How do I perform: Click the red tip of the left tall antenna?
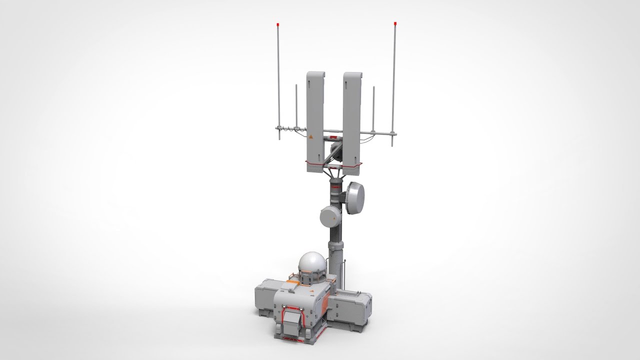tap(278, 24)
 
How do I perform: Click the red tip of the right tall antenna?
tap(395, 23)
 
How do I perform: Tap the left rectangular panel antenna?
tap(315, 120)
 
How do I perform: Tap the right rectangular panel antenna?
tap(352, 120)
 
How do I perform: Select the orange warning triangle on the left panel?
tap(311, 136)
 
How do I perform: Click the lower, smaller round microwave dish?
tap(330, 216)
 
